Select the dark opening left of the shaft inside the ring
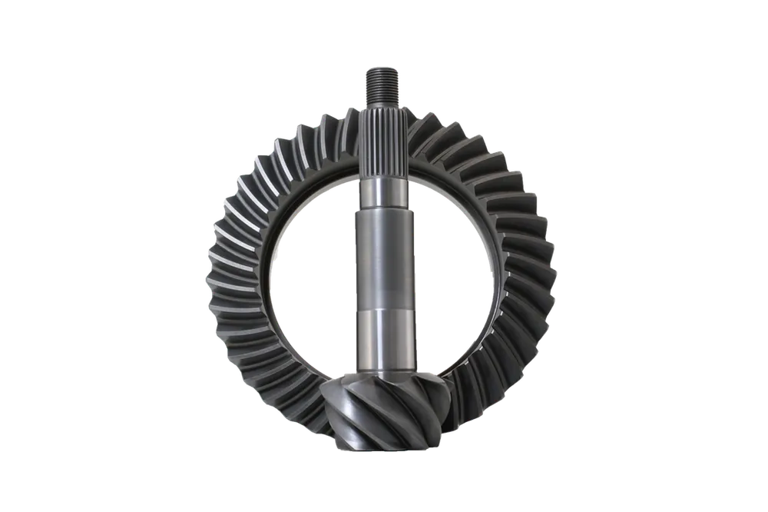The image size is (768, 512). pyautogui.click(x=307, y=277)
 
